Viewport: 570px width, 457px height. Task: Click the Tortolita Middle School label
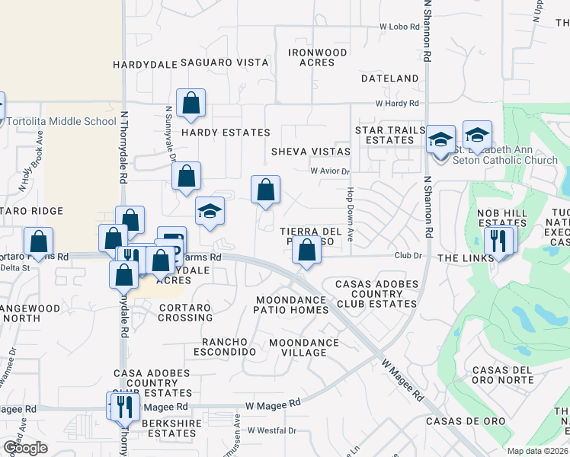tap(61, 121)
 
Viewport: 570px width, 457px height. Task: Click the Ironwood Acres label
tap(318, 57)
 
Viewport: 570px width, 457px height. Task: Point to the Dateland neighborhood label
tap(390, 78)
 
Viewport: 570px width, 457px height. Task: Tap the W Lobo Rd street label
tap(401, 26)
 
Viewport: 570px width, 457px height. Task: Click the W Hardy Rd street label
tap(397, 103)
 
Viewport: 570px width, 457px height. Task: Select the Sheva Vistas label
tap(310, 152)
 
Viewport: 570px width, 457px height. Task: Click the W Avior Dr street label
tap(329, 171)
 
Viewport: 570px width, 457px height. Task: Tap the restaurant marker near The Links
tap(496, 241)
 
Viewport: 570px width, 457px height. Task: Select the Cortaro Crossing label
tap(185, 312)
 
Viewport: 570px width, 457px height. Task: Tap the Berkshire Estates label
tap(161, 429)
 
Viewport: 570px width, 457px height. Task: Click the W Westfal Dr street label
tap(271, 430)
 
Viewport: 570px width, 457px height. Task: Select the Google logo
tap(25, 447)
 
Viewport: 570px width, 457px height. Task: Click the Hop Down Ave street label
tap(351, 216)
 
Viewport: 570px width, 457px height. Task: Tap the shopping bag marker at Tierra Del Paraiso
tap(306, 251)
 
